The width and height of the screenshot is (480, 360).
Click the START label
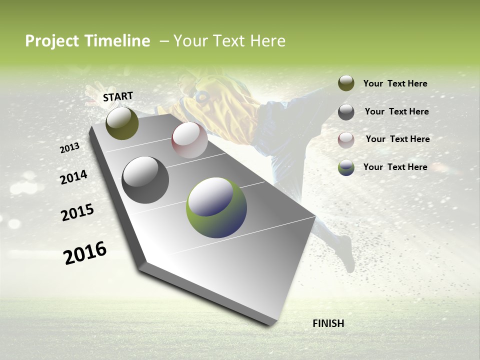118,96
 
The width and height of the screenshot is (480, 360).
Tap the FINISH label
328,323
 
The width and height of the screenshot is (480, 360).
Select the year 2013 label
70,148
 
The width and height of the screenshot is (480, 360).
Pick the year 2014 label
74,177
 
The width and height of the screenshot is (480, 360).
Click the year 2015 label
77,212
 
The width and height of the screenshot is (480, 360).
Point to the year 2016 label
85,253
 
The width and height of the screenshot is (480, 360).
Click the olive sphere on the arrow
122,123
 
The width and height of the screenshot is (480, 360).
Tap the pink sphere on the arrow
189,140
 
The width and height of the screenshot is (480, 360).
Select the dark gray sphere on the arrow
145,180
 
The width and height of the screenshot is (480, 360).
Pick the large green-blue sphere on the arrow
216,207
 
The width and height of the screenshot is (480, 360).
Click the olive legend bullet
346,83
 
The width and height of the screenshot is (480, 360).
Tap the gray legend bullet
346,112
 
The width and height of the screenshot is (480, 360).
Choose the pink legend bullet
346,139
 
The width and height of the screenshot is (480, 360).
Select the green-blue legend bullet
346,167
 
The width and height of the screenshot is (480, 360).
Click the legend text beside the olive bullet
395,83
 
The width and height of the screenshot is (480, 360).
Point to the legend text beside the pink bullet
397,139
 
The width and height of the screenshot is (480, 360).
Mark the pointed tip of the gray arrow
272,324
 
